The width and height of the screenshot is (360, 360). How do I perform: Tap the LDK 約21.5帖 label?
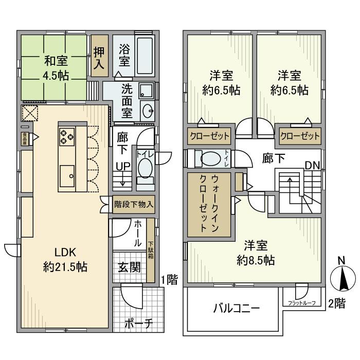[65, 260]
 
